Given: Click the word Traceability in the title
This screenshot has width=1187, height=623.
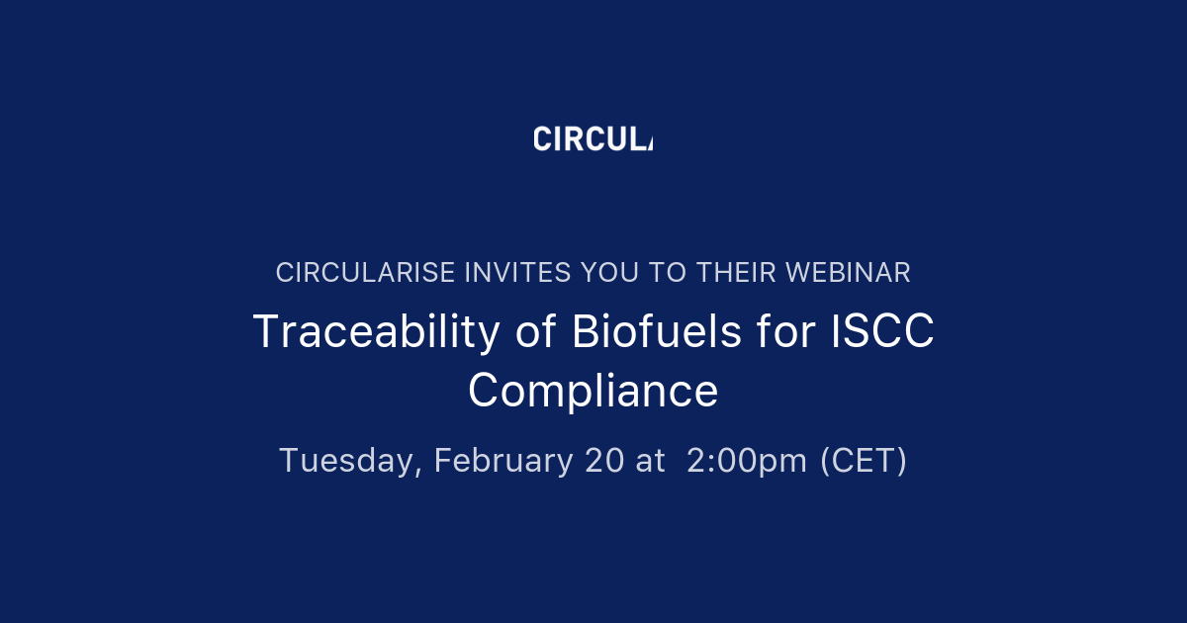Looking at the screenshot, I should tap(377, 332).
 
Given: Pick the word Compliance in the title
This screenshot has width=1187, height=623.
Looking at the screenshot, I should tap(593, 391).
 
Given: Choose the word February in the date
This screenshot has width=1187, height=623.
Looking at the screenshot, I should tap(503, 461).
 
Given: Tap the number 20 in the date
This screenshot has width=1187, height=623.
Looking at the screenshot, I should tap(604, 461).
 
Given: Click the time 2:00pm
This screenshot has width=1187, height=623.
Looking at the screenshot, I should tap(747, 461).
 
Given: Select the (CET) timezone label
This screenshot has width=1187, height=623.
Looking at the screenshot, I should tap(864, 461).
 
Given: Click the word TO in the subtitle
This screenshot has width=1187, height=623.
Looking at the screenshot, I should tap(670, 273).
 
